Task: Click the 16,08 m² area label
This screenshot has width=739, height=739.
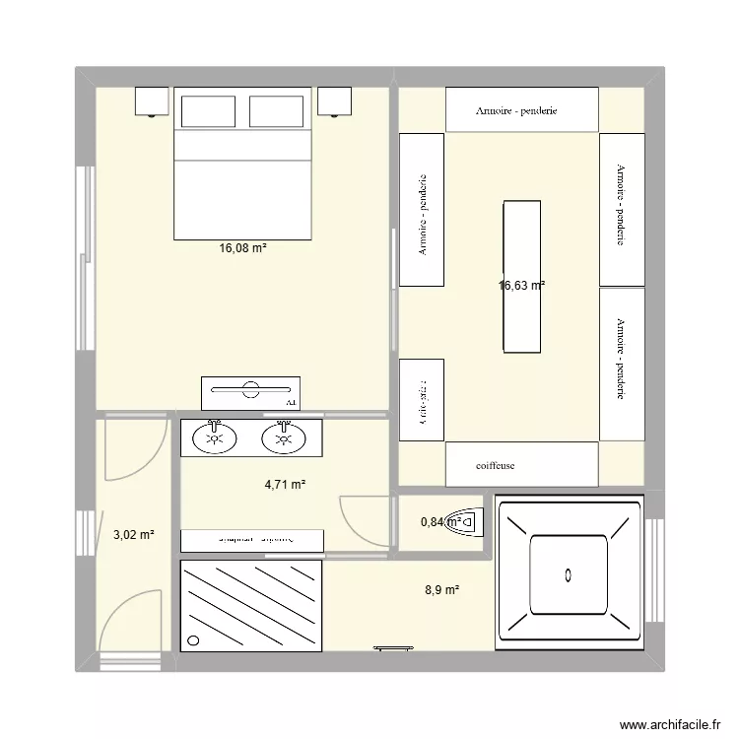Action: pyautogui.click(x=242, y=249)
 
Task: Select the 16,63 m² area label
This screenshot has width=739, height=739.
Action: pyautogui.click(x=522, y=286)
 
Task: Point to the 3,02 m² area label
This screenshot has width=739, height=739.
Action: pyautogui.click(x=133, y=535)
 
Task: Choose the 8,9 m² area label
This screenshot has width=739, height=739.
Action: pyautogui.click(x=441, y=590)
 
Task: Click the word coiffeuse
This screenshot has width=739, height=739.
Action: pyautogui.click(x=495, y=465)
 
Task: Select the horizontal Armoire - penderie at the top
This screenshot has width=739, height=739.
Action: pyautogui.click(x=522, y=109)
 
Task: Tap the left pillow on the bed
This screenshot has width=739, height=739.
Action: pyautogui.click(x=206, y=111)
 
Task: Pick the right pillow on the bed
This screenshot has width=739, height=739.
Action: pyautogui.click(x=280, y=111)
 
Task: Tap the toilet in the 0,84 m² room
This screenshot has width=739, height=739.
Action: pyautogui.click(x=464, y=521)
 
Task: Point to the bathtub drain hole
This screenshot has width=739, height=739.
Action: pyautogui.click(x=569, y=573)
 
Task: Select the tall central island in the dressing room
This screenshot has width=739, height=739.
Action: pyautogui.click(x=521, y=276)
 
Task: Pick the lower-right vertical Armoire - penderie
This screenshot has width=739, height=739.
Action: pyautogui.click(x=622, y=364)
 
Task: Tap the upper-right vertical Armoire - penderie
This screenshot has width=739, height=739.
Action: pyautogui.click(x=622, y=209)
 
